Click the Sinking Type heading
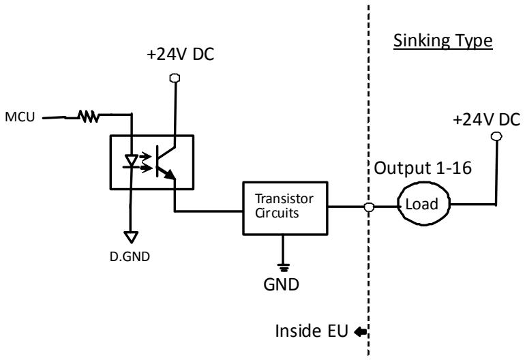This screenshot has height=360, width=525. point(442,42)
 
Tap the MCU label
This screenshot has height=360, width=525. point(20,117)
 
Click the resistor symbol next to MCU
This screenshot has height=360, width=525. point(89,116)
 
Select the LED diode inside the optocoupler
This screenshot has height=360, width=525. point(131,161)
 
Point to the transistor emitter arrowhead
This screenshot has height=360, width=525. point(169,174)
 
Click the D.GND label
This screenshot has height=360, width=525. point(130,256)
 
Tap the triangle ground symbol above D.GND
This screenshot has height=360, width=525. point(131,237)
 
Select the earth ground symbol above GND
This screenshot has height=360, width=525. point(283,267)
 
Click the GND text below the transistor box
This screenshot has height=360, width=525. point(281,284)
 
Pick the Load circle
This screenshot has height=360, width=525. point(423,183)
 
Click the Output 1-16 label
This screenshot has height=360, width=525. point(423,168)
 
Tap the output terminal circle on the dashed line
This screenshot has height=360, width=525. point(369,207)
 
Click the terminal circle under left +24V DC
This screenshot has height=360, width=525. point(175,78)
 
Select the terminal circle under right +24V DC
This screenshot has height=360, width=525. point(496,136)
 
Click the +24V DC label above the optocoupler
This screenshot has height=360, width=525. point(180,55)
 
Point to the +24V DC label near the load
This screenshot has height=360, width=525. point(486,119)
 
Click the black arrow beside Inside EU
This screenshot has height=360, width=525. point(360,331)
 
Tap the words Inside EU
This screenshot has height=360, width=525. point(312,331)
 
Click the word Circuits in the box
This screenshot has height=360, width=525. point(277,213)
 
